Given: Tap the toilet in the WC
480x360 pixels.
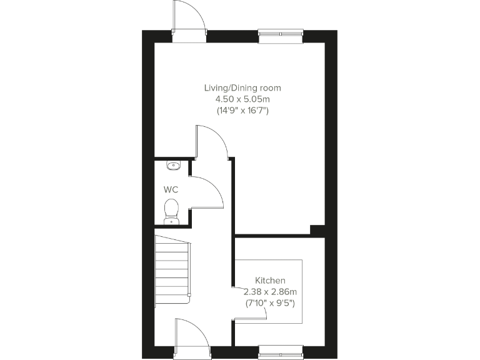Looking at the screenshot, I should click(171, 210).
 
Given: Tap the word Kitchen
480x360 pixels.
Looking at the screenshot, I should click(270, 281).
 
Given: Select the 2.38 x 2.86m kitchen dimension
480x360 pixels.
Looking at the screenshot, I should click(270, 292).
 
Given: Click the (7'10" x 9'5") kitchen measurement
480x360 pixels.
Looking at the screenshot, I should click(270, 303).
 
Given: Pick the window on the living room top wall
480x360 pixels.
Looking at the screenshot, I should click(281, 36).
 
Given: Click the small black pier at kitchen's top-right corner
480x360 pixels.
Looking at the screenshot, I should click(318, 230).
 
